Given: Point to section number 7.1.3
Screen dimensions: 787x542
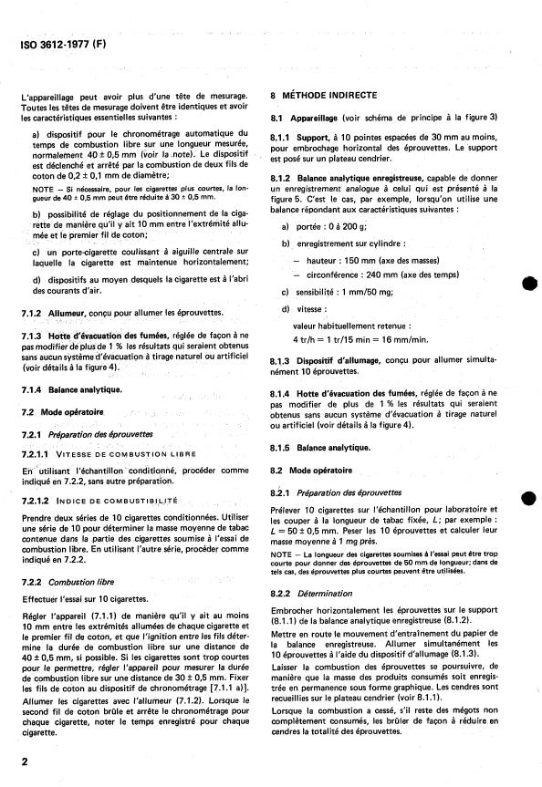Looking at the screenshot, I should tap(33, 336).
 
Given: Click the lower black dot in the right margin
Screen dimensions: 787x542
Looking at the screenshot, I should tap(527, 498).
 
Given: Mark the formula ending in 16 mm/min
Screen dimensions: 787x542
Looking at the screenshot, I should tap(358, 338).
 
